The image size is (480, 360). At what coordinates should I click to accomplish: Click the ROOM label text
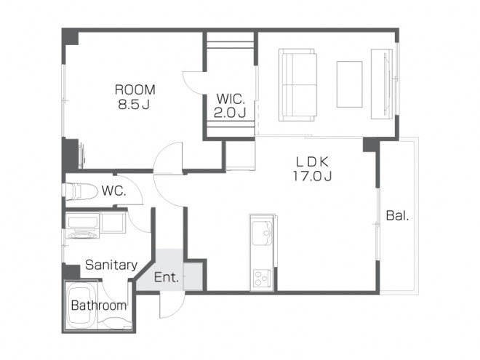135,89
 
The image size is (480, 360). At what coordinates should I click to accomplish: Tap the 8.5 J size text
134,105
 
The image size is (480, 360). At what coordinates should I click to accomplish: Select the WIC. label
231,99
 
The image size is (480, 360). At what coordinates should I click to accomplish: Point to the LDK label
312,161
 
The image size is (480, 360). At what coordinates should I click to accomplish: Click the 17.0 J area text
313,176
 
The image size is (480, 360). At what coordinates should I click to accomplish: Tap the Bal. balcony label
397,216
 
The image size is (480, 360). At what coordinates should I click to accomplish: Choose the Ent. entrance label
167,277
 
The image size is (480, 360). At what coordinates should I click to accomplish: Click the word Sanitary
111,265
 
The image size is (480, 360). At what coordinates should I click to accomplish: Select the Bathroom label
99,305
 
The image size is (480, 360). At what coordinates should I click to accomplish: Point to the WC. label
113,191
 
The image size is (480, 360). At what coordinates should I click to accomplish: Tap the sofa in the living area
297,85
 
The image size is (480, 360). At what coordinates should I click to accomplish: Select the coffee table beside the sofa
350,84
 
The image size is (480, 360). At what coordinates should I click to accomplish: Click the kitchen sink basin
262,233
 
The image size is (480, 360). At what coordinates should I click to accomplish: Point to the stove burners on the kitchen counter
261,279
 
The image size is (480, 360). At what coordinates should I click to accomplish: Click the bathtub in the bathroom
80,306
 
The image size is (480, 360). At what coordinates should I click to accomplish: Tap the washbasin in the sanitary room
82,226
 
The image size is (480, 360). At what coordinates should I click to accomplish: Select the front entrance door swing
171,305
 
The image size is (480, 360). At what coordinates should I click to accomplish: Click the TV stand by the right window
382,84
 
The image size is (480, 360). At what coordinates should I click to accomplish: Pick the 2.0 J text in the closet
230,113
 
